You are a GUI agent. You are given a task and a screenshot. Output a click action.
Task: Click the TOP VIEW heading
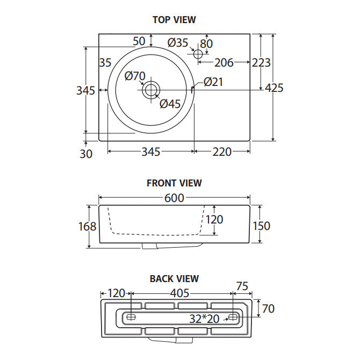[174, 20]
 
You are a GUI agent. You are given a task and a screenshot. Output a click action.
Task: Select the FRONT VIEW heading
[174, 183]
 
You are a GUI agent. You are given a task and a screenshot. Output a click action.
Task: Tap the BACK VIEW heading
[174, 279]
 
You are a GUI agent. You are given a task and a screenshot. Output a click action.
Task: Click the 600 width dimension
[174, 198]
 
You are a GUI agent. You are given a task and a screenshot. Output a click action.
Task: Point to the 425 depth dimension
[274, 88]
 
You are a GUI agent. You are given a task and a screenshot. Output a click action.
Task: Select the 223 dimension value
[261, 62]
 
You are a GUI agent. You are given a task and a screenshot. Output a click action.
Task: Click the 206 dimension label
[224, 63]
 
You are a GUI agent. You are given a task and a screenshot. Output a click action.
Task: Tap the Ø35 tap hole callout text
[178, 42]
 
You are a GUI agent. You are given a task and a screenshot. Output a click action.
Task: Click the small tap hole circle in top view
[198, 54]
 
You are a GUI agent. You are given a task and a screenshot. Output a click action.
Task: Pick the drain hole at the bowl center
[151, 90]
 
